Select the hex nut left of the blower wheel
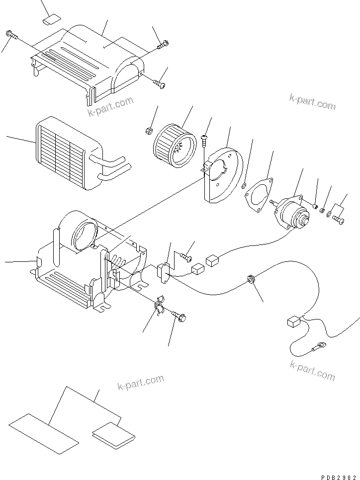pos(148,131)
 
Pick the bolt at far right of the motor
pos(339,219)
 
